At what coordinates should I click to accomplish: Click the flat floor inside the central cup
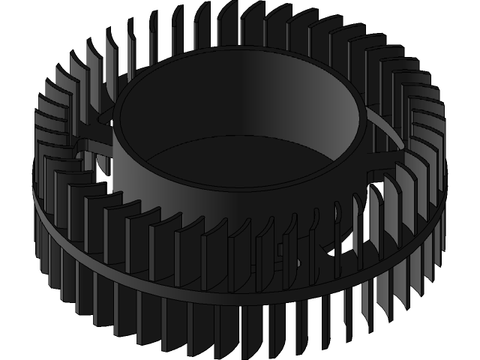coord(240,161)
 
